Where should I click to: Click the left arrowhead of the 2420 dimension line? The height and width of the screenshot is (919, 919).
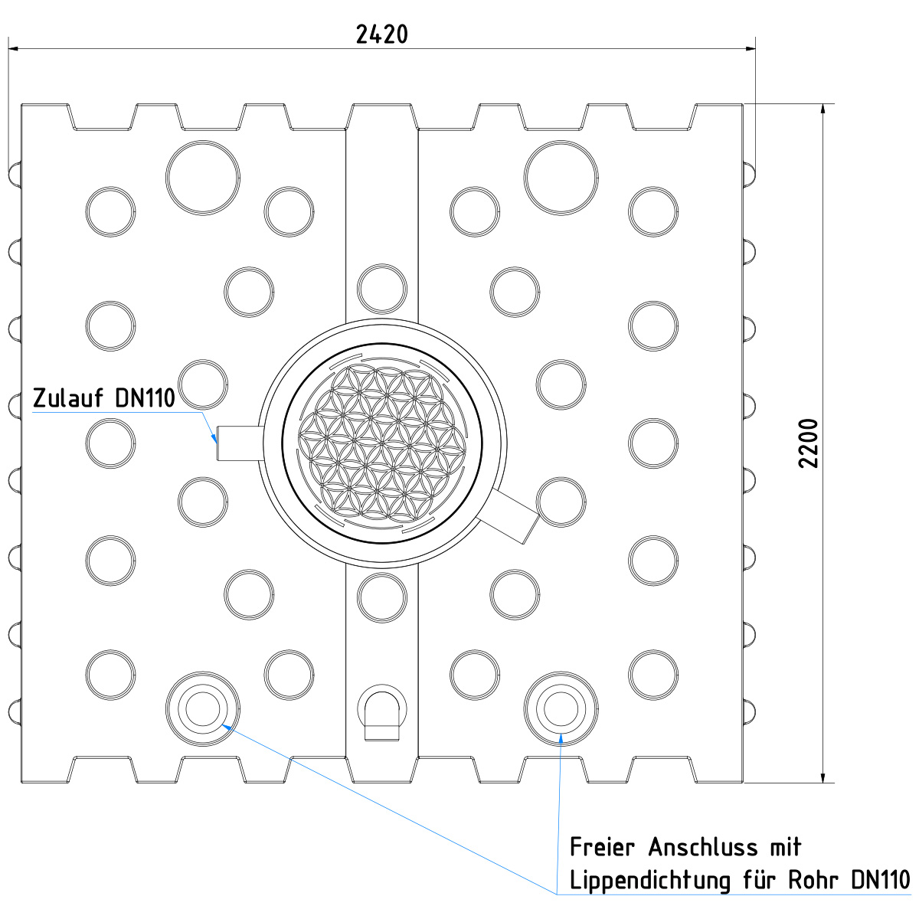(13, 49)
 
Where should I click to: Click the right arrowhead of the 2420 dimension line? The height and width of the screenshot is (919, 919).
(751, 49)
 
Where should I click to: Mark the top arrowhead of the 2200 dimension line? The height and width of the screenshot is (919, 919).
(823, 110)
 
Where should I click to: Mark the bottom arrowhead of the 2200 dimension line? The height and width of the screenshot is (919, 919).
(823, 777)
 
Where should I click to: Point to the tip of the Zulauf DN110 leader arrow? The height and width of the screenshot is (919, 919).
(217, 443)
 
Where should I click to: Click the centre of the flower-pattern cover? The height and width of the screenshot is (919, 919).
(382, 443)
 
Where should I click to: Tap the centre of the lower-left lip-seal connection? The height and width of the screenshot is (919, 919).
(203, 708)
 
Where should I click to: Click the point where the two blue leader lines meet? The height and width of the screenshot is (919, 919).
(557, 894)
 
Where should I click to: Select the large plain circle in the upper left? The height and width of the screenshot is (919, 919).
(203, 178)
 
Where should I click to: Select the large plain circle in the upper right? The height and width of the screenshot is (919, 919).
(561, 178)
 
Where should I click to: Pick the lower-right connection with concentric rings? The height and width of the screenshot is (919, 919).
(561, 708)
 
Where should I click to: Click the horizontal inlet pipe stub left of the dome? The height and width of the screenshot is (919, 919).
(240, 443)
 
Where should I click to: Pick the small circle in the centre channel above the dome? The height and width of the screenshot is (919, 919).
(382, 289)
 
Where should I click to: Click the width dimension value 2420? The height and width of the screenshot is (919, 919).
(382, 34)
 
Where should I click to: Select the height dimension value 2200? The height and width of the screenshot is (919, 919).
(809, 443)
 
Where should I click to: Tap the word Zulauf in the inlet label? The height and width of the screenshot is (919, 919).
(68, 397)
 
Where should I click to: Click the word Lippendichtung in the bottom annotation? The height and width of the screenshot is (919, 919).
(650, 881)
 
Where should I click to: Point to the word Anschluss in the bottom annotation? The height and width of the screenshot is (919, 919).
(704, 848)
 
